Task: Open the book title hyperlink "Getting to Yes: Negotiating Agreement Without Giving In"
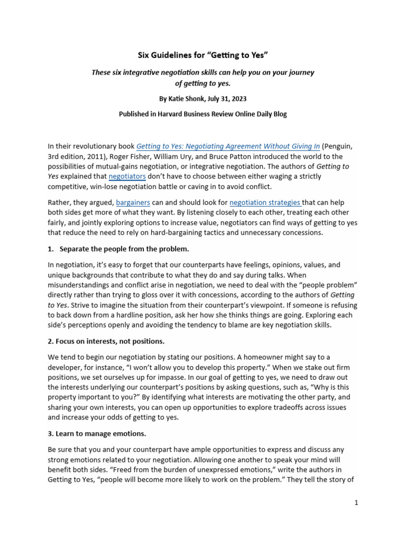[228, 146]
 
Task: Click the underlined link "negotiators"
[127, 176]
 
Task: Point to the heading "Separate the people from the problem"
[124, 248]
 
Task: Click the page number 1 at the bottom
[356, 503]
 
